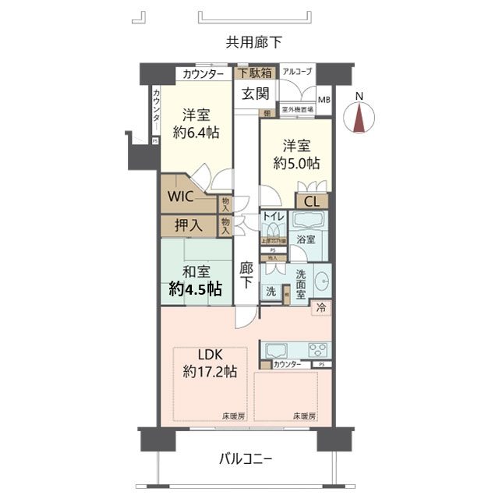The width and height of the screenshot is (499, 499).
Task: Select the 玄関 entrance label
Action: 255,94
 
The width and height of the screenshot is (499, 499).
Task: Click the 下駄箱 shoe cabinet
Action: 255,74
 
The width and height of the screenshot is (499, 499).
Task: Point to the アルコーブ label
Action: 297,73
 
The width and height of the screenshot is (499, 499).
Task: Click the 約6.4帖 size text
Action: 196,133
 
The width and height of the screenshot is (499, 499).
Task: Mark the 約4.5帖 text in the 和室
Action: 196,289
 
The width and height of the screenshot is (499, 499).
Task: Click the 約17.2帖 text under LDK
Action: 207,372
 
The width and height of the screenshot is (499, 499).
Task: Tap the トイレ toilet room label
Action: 273,216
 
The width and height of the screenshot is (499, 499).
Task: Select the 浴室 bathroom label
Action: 306,239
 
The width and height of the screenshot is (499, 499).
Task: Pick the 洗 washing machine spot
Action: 270,291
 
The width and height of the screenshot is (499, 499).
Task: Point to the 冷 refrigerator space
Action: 320,307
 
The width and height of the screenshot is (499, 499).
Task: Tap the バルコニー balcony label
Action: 245,460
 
